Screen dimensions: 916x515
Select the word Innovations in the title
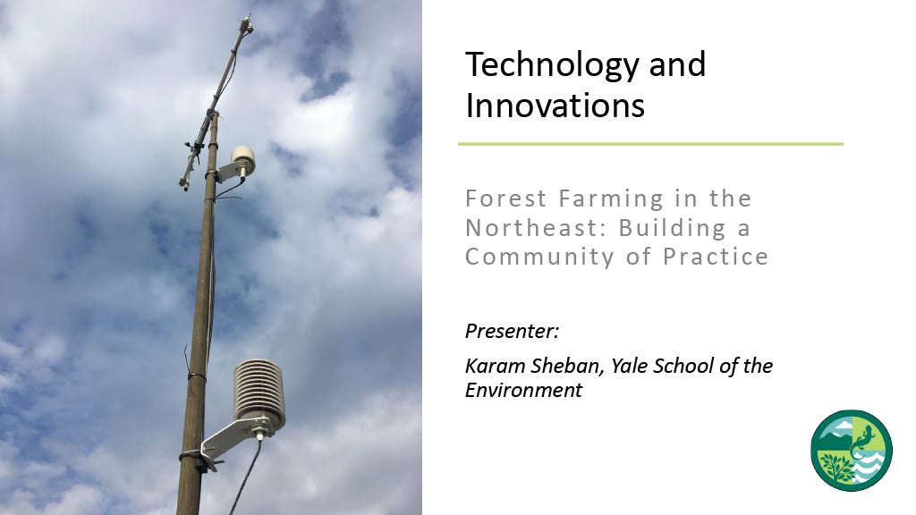pos(555,106)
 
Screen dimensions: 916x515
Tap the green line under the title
pos(650,144)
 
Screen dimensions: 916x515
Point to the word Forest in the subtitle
pos(506,198)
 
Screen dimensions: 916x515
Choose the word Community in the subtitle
pos(539,257)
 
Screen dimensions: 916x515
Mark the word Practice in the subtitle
pos(716,257)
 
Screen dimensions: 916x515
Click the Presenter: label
pos(512,331)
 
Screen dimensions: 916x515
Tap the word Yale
pos(629,366)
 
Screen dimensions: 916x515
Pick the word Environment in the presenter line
pos(523,390)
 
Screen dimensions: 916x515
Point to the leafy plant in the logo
pos(836,467)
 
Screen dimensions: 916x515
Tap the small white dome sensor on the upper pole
pos(243,157)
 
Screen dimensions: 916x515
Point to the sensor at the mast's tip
pos(246,25)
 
